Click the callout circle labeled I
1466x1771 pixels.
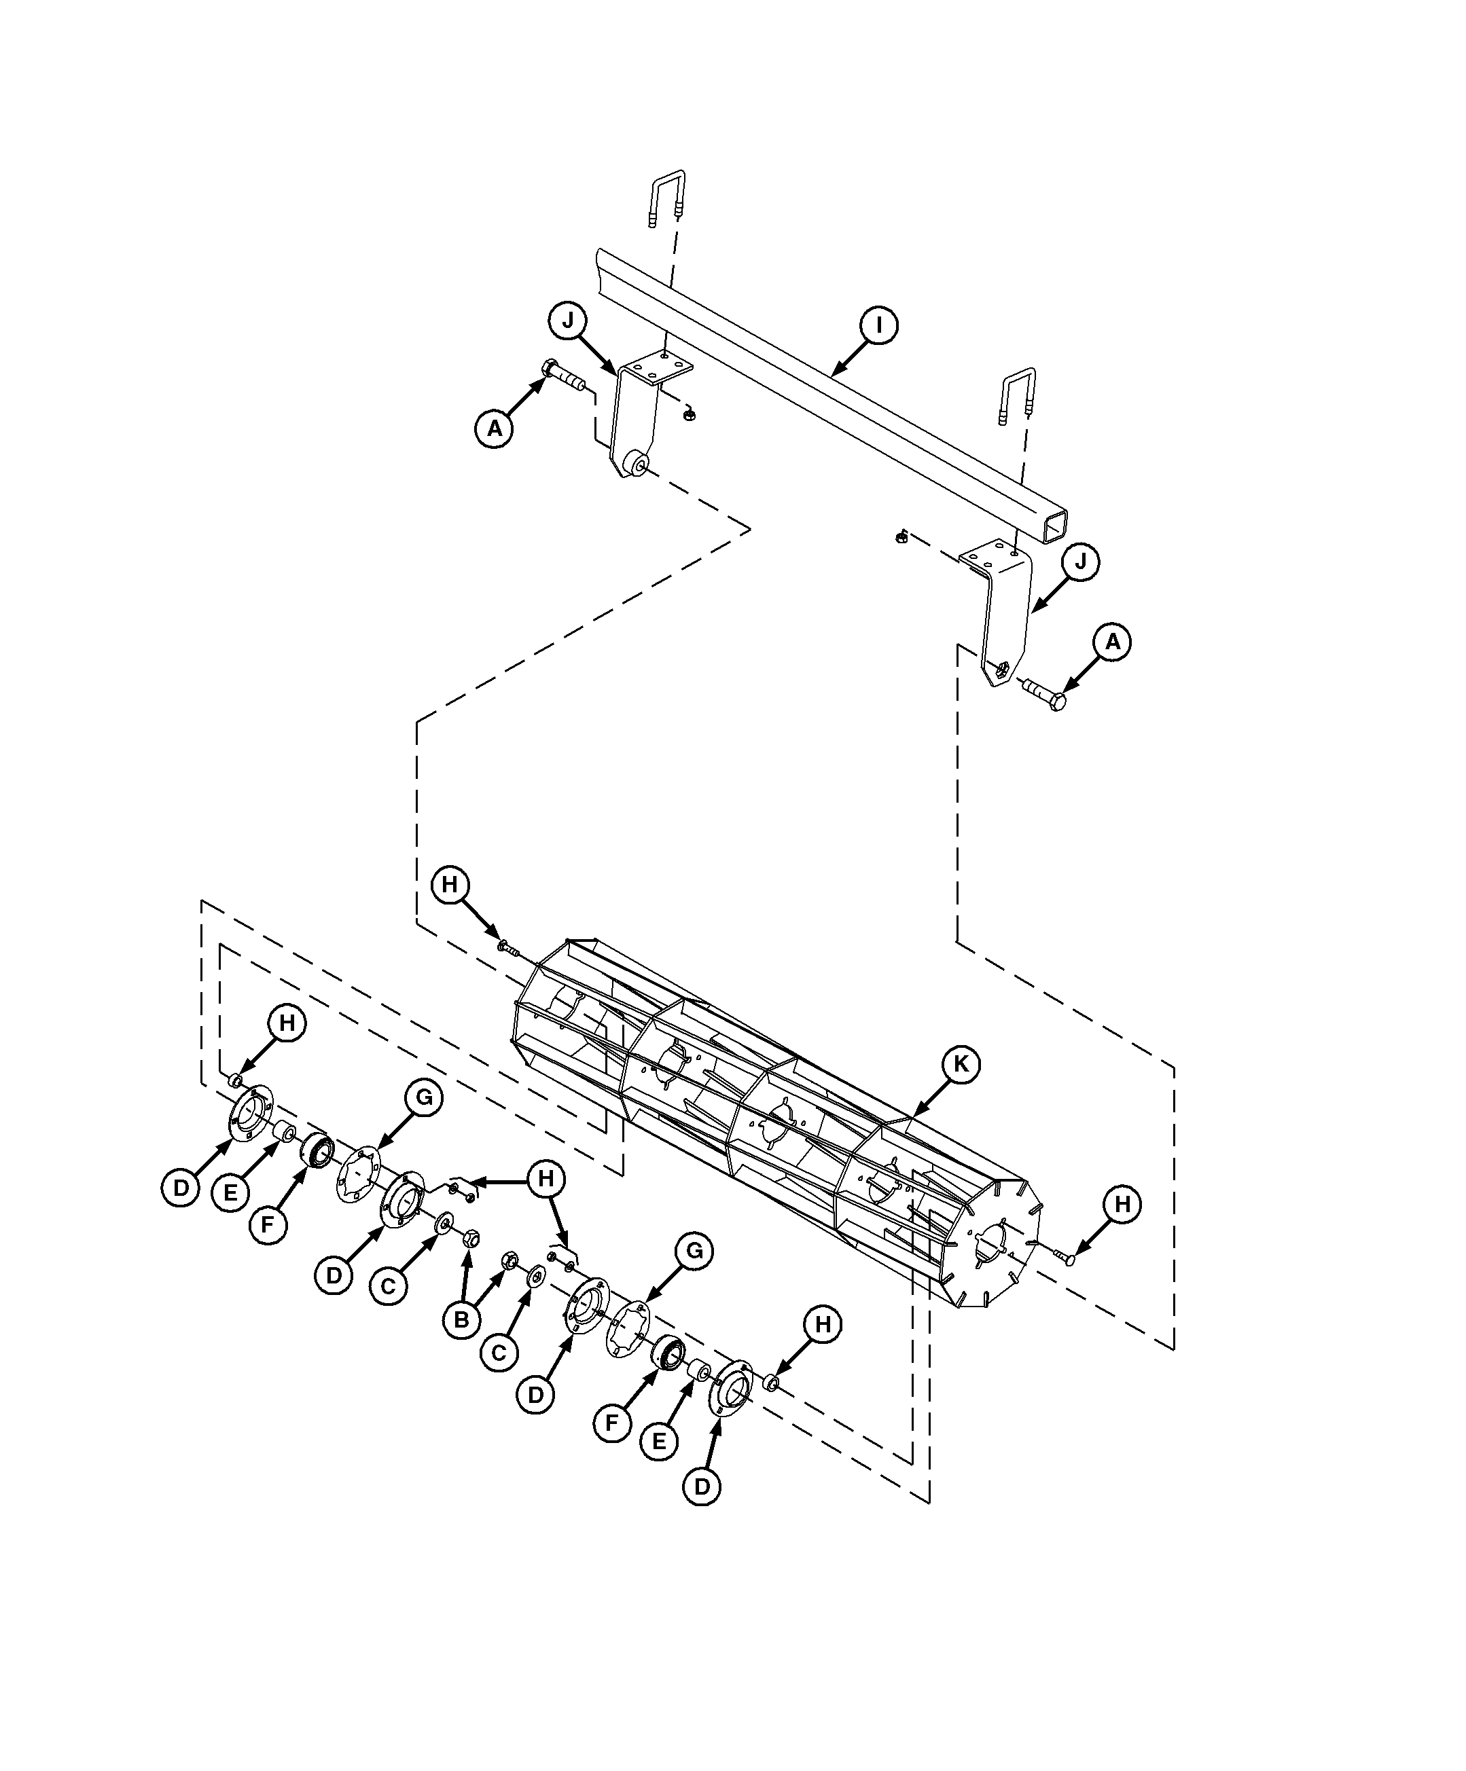point(878,325)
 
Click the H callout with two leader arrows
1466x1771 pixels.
point(546,1179)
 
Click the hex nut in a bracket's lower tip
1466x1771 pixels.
point(1001,670)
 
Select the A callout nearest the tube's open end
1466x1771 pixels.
point(1113,642)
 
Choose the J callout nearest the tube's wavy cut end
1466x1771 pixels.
point(568,321)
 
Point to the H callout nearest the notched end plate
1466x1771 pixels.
point(1122,1204)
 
